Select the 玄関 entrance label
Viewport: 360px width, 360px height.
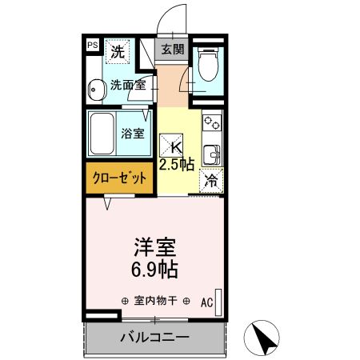[172, 50]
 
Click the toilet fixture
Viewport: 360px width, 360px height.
[206, 65]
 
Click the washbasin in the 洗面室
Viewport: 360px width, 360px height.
[94, 89]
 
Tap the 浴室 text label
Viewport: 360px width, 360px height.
[133, 134]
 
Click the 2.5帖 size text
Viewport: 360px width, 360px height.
[177, 165]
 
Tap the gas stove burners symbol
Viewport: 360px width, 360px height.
[212, 124]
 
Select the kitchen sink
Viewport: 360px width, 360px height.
[212, 152]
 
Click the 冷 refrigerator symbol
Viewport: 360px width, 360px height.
[211, 182]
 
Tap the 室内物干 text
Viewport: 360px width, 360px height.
[155, 302]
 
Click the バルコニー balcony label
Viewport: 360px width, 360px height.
[154, 337]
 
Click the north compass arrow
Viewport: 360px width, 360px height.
[266, 337]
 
